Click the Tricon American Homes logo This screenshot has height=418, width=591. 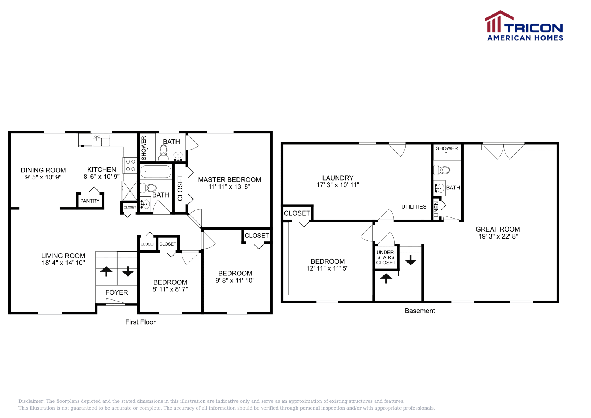click(524, 26)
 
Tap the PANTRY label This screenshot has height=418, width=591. click(90, 201)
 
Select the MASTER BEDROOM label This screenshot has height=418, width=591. click(229, 179)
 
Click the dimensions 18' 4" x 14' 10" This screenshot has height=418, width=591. click(64, 263)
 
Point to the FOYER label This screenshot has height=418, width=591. click(117, 292)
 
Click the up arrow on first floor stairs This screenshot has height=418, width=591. click(106, 271)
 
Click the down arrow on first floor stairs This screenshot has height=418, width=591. click(128, 271)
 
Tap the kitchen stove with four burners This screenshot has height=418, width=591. click(130, 165)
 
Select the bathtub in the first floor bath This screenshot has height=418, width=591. click(156, 172)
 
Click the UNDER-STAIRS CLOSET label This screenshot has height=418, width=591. click(386, 257)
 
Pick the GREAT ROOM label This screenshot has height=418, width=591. click(498, 229)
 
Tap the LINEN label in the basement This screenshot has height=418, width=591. click(436, 209)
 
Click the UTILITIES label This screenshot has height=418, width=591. click(414, 207)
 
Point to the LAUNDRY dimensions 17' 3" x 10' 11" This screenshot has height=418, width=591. click(338, 185)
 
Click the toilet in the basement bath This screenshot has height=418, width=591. click(442, 170)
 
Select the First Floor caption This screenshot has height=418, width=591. click(140, 322)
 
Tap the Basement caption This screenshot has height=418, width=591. click(420, 311)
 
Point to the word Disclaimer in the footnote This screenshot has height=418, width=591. click(31, 401)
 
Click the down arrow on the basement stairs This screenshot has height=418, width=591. click(410, 261)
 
